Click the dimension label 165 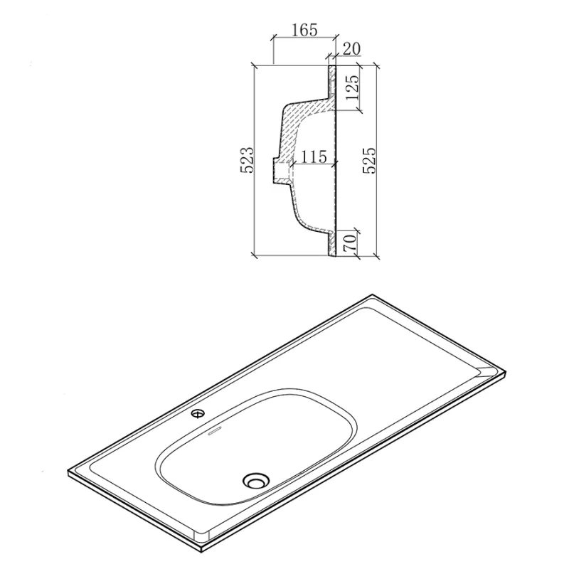coord(304,30)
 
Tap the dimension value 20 coord(351,49)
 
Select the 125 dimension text coord(352,87)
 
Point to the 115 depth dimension coord(314,156)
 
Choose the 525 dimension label coord(369,160)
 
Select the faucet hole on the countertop coord(198,413)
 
